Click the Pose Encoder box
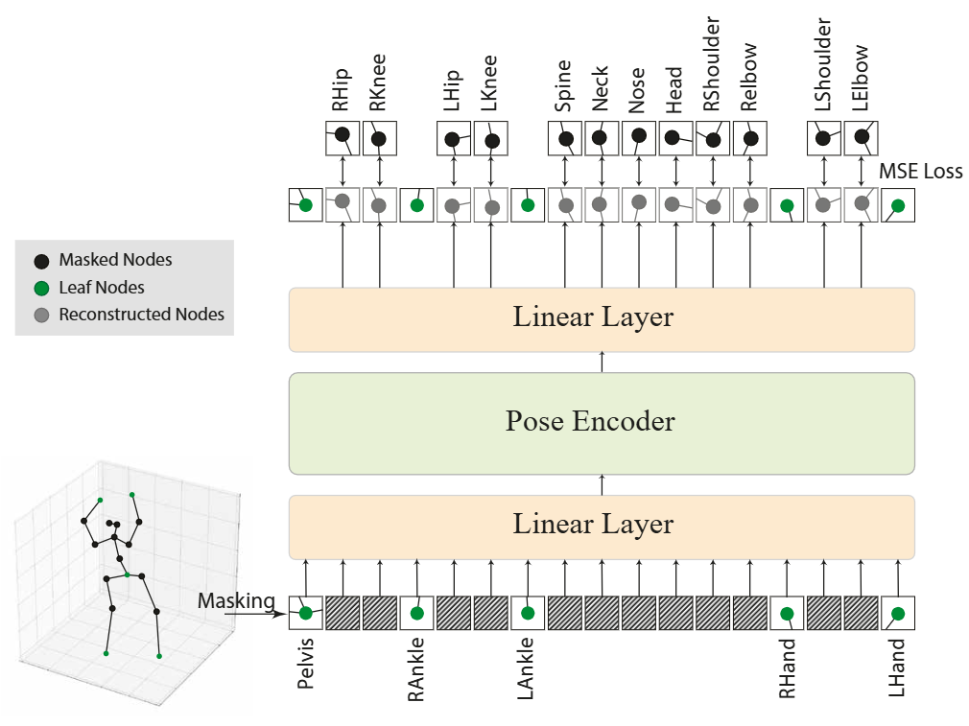point(602,423)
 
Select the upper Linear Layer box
point(602,319)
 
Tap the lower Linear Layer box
point(602,527)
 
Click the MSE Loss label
point(921,171)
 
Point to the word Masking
point(236,600)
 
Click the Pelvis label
point(306,664)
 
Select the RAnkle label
point(416,669)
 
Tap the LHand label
point(897,667)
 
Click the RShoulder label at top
point(712,63)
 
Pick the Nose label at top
point(636,90)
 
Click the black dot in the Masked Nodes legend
point(41,261)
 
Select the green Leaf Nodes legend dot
point(41,288)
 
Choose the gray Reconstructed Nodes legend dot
point(41,316)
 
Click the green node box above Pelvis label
point(305,613)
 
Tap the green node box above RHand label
point(787,613)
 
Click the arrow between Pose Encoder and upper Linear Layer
point(602,363)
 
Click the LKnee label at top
point(489,83)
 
